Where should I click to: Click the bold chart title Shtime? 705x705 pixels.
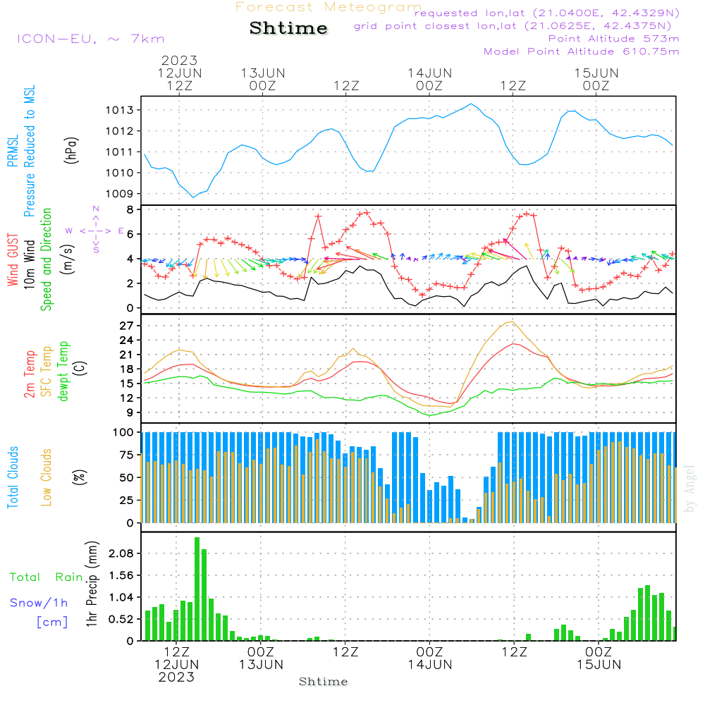tap(289, 28)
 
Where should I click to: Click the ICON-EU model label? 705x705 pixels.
tap(90, 39)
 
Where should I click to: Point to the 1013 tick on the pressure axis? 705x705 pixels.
tap(121, 110)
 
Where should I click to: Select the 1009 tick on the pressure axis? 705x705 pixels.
tap(121, 194)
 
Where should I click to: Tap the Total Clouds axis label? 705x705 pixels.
tap(13, 477)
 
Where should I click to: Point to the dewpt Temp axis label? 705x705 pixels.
tap(64, 371)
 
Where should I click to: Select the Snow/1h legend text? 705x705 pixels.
tap(39, 603)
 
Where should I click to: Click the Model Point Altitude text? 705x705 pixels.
tap(581, 51)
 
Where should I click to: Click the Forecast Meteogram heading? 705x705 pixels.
tap(329, 7)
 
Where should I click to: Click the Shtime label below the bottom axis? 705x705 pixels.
tap(324, 682)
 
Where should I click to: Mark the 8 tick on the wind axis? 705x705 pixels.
tap(130, 209)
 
